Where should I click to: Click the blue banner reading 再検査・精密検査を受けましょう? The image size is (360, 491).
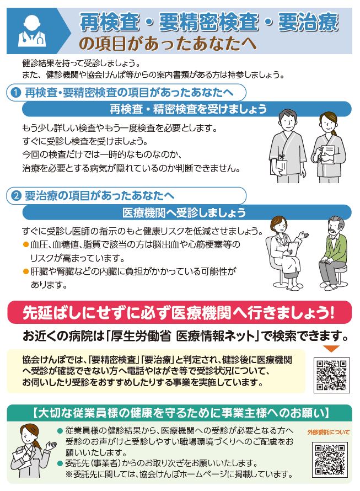[x=187, y=109]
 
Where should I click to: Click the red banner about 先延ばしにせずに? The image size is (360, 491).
[x=179, y=312]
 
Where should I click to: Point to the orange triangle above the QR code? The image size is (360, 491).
[x=331, y=349]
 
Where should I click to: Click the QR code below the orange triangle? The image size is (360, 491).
[x=330, y=375]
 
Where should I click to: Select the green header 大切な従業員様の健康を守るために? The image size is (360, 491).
[x=180, y=412]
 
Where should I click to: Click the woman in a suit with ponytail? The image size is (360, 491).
[x=33, y=451]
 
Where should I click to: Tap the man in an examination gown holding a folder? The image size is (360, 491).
[x=285, y=148]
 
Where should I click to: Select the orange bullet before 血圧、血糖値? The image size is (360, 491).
[x=25, y=243]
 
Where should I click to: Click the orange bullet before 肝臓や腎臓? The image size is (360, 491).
[x=25, y=271]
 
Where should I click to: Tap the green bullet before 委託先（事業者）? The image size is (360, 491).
[x=60, y=463]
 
